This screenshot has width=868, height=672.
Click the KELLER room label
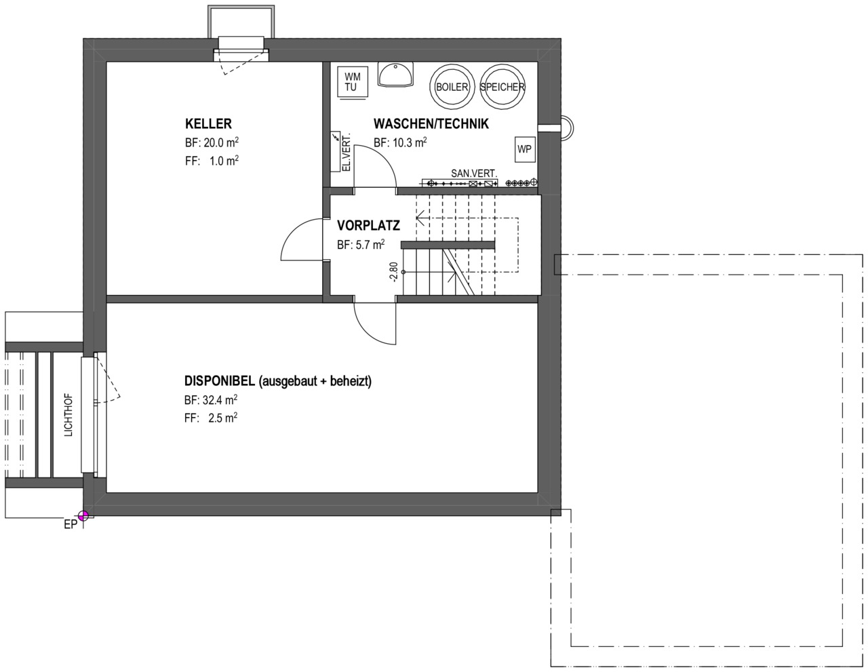pos(208,124)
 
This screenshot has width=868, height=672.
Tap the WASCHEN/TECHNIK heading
pos(431,124)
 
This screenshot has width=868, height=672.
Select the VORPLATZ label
pos(368,226)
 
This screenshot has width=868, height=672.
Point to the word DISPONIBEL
pos(219,381)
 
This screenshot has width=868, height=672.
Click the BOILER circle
pos(452,87)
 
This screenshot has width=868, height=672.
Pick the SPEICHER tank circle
pos(502,87)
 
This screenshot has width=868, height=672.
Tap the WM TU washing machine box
pos(353,82)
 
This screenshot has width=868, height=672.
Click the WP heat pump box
pos(524,149)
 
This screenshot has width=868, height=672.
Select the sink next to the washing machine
pos(395,75)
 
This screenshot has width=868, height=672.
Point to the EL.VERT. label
pos(347,152)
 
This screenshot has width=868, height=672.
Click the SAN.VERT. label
pos(474,174)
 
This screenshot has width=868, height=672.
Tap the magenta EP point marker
pos(83,515)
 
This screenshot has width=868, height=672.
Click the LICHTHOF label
pos(68,415)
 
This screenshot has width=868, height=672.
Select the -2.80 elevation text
pos(394,273)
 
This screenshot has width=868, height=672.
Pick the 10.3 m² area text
pos(410,142)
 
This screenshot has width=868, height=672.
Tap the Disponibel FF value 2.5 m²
pos(222,418)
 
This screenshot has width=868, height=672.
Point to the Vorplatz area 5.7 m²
pos(370,244)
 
